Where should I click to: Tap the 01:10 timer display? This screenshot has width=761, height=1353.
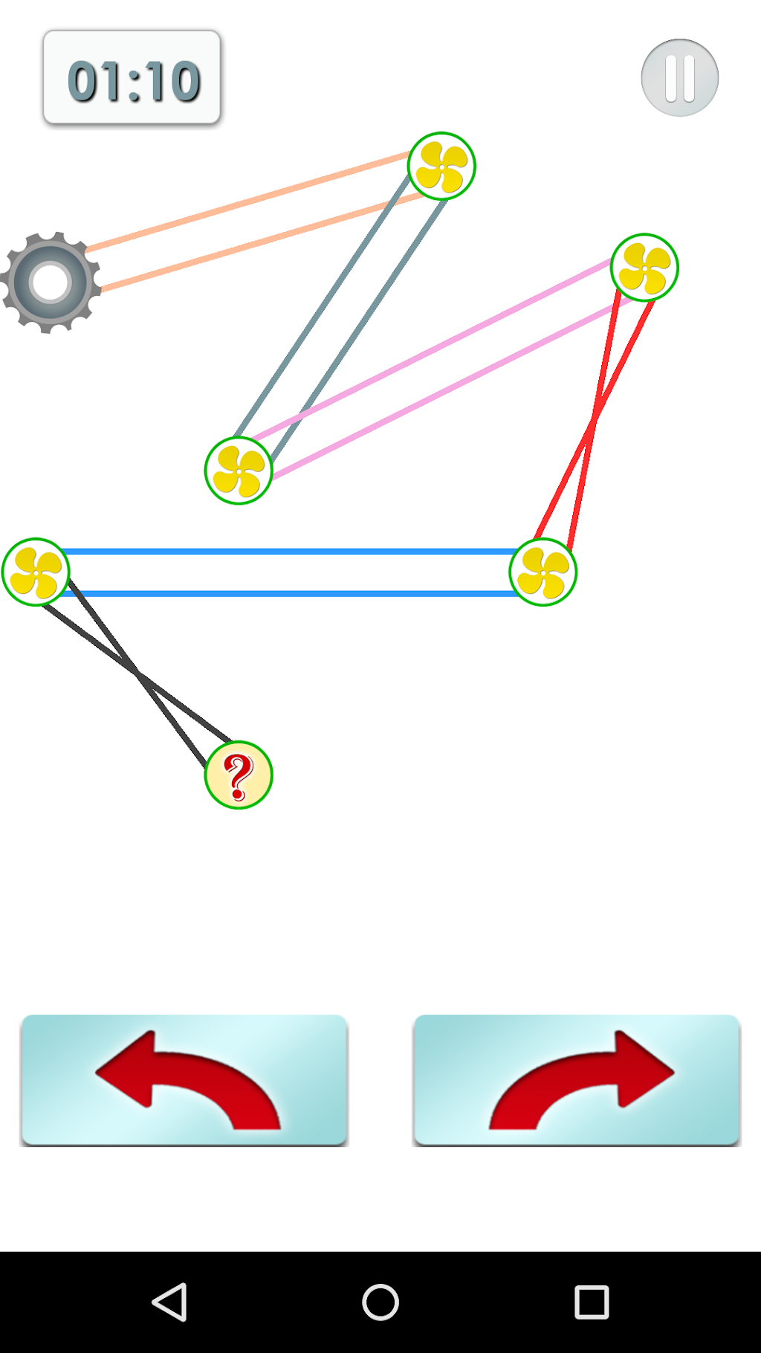[x=132, y=77]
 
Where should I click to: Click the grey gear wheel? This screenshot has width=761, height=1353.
[x=51, y=282]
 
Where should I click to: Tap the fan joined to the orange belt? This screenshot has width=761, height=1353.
[x=441, y=166]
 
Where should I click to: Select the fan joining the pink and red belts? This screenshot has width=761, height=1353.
[x=644, y=268]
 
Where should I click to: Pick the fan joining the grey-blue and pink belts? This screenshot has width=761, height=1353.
[x=239, y=471]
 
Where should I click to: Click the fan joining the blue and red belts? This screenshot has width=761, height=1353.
[x=543, y=572]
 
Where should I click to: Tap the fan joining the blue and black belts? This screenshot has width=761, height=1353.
[x=36, y=572]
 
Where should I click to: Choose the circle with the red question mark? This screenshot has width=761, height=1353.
[x=239, y=775]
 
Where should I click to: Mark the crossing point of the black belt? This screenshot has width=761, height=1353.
[x=137, y=674]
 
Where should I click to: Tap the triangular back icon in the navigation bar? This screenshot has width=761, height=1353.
[x=169, y=1302]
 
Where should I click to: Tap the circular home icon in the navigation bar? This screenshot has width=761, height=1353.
[x=380, y=1302]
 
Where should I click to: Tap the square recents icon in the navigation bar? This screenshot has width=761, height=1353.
[x=592, y=1302]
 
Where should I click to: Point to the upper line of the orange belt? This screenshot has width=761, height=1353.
[x=247, y=201]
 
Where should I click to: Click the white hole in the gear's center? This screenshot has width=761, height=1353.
[x=51, y=282]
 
